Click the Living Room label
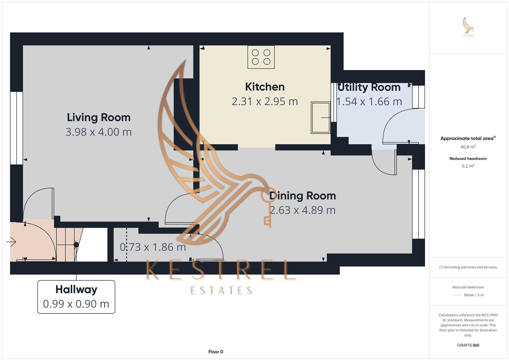(x=98, y=117)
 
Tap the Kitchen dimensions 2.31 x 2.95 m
(x=265, y=101)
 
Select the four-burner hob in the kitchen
(x=261, y=57)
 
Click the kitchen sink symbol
(x=320, y=117)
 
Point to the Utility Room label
(x=369, y=87)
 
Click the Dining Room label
(x=302, y=196)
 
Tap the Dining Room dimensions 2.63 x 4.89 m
(x=302, y=210)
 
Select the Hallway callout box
(x=76, y=297)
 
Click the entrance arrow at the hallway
(x=11, y=242)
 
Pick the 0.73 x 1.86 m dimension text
(x=153, y=247)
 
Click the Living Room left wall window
(x=16, y=128)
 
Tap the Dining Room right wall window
(x=418, y=204)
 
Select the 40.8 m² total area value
(x=468, y=147)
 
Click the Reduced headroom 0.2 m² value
(x=468, y=166)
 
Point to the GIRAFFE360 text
(x=468, y=345)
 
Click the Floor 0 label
(x=216, y=352)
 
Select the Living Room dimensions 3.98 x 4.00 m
(x=98, y=132)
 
